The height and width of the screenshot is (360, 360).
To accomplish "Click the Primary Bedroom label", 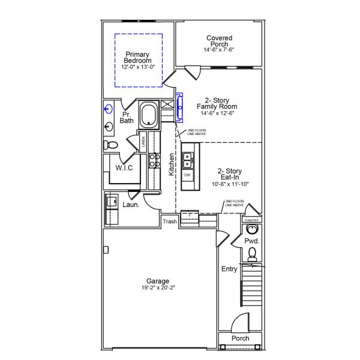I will point(138,57).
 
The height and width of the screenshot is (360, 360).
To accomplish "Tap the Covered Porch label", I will point(219,41).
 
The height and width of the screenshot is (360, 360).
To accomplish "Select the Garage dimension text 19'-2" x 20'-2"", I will point(158,288).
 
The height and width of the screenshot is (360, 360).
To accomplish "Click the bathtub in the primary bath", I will point(149,114).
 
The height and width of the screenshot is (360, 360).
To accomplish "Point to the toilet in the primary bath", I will point(110,145).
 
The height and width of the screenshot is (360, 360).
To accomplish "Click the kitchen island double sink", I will point(188,160).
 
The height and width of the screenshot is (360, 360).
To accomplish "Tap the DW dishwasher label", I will point(187,175).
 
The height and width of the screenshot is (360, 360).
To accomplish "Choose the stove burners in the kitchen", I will point(153,160).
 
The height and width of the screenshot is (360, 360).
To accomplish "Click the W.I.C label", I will point(124,168).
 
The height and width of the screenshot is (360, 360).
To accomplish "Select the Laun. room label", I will point(131,205).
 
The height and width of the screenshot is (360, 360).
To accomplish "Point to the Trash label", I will point(170,222).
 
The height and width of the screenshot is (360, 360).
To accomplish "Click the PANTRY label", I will point(251,220).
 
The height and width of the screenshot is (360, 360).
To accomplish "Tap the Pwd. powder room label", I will point(252,241).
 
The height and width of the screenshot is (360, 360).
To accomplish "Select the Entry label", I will point(229,269).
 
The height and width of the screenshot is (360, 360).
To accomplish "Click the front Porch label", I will point(241,338).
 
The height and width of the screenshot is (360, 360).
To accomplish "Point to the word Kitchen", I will point(172,164).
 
